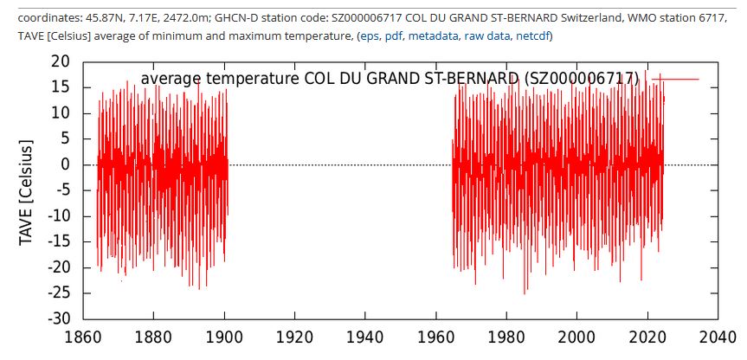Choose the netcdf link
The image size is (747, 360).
coord(533,35)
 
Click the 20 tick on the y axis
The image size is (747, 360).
coord(60,62)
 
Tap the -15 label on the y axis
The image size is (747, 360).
coord(56,242)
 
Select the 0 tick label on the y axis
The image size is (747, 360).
coord(65,165)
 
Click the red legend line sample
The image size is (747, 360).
coord(675,80)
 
